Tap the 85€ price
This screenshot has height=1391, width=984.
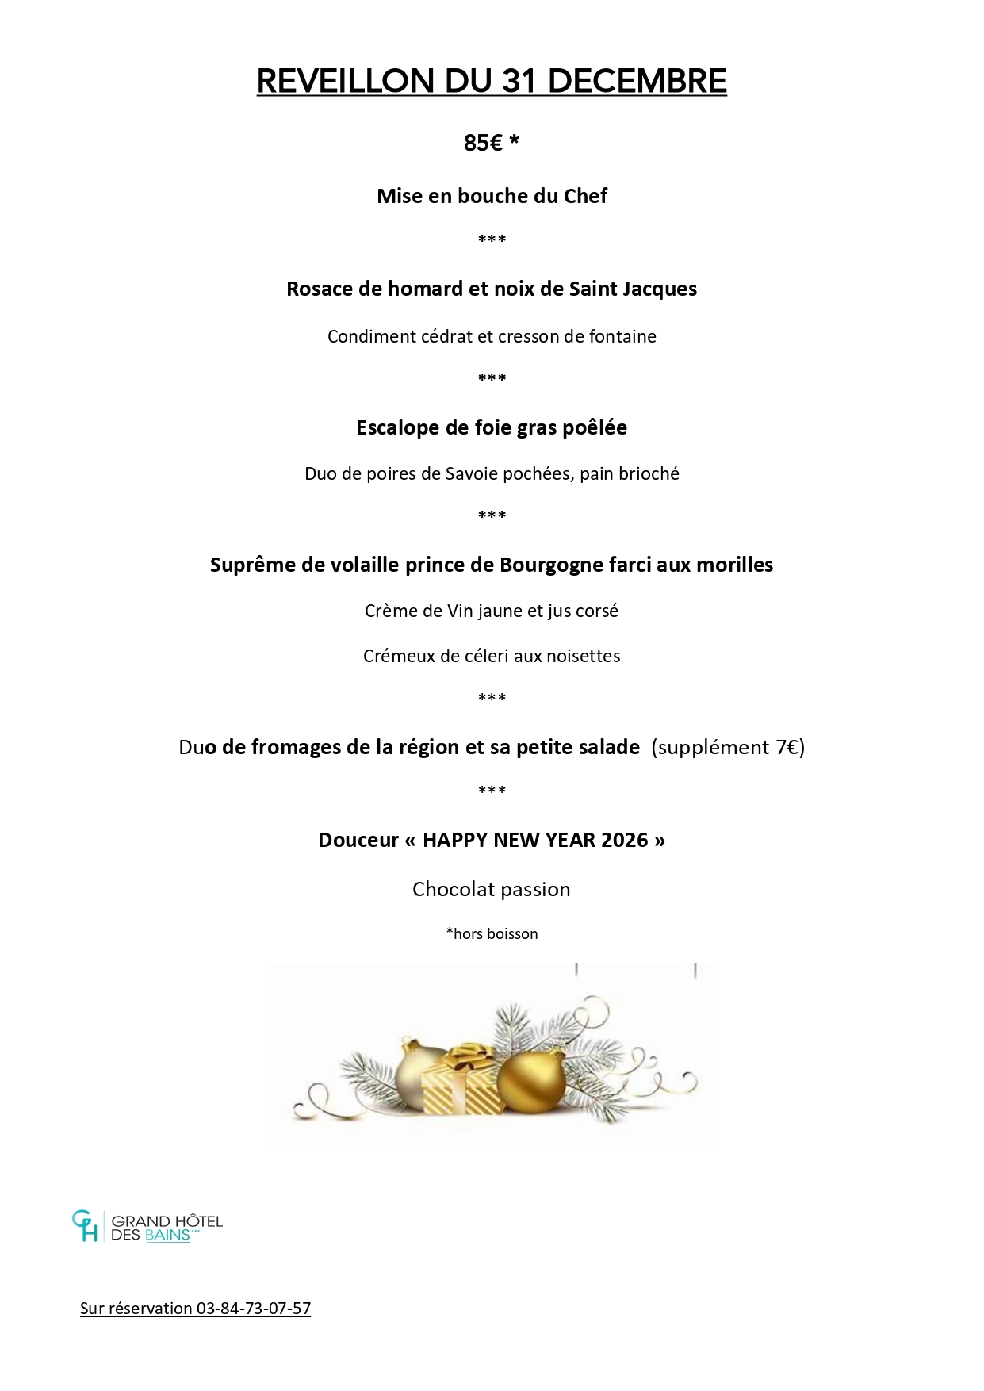tap(483, 143)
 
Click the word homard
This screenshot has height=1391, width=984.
tap(425, 289)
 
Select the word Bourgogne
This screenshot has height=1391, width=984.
tap(546, 565)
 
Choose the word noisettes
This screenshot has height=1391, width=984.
tap(582, 656)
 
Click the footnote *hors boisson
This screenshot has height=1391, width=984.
tap(492, 933)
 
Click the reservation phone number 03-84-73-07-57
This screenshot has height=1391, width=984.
tap(253, 1309)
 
